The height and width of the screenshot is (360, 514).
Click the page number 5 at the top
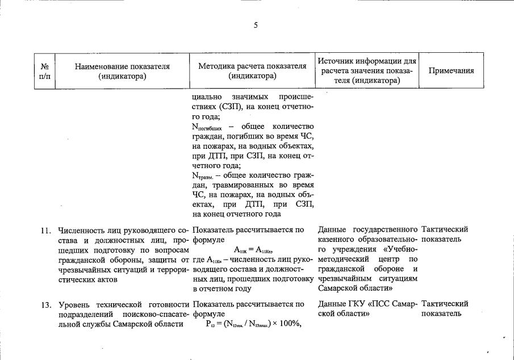(256, 25)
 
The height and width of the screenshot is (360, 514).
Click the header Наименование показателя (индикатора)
(122, 70)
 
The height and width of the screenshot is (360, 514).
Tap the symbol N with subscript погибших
(206, 127)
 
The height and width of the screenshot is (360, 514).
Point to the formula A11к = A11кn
(253, 250)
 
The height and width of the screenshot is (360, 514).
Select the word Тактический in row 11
(445, 229)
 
